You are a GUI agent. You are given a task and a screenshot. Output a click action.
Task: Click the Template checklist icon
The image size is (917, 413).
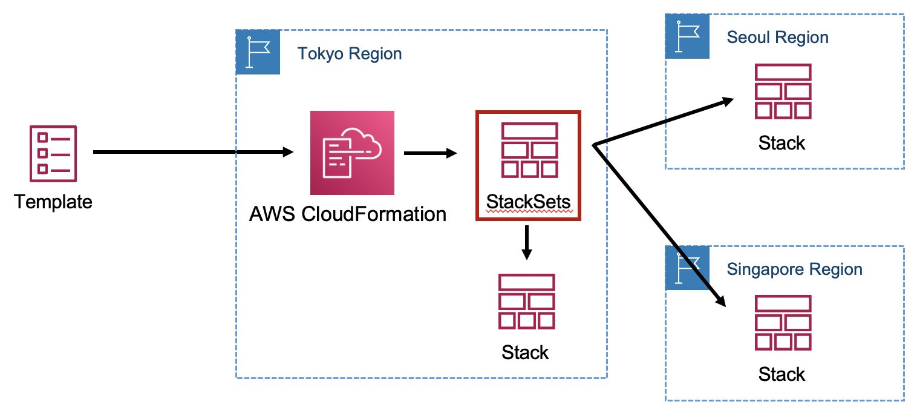point(54,154)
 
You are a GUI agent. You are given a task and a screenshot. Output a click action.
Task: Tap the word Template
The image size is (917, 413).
point(54,201)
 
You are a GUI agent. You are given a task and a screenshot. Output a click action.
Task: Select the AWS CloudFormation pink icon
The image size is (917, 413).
point(351,153)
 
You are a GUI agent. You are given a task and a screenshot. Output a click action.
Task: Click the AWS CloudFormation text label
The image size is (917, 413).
point(348,214)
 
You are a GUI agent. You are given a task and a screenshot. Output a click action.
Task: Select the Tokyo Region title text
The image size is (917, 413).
point(350,54)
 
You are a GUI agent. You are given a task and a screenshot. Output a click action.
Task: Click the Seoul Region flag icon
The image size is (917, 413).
point(687,37)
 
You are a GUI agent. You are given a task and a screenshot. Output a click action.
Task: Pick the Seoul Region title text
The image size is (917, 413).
point(777,38)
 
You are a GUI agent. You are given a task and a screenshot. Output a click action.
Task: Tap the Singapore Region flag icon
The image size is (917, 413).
point(687,268)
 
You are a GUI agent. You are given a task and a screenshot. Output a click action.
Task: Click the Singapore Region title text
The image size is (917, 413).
point(795,269)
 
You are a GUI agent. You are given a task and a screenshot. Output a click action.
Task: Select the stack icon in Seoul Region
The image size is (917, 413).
point(782,91)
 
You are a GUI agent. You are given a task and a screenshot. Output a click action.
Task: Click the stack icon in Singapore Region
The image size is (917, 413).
point(782,323)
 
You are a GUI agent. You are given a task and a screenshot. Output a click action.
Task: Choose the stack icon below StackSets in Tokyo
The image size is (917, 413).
point(526,301)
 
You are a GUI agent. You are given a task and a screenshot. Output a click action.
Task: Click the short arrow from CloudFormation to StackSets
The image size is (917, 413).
point(430,153)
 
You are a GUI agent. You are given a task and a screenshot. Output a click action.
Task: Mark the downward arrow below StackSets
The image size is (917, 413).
point(527,242)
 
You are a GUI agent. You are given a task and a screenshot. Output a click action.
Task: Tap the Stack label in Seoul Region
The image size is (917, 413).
point(782,143)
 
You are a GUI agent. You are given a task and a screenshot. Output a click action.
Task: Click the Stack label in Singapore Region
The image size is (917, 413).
point(782,374)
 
